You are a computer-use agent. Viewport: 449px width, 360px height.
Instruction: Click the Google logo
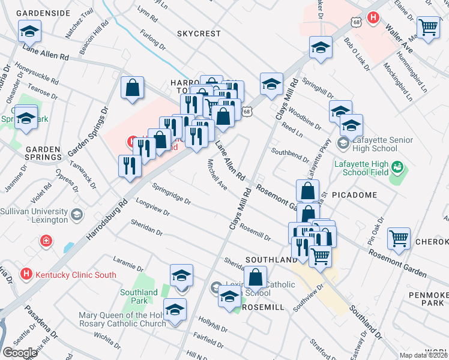click(x=20, y=353)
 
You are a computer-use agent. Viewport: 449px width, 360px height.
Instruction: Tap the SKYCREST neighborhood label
click(x=199, y=34)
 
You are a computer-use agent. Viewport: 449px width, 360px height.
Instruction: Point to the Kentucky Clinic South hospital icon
click(x=26, y=274)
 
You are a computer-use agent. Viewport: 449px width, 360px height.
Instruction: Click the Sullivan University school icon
click(x=77, y=215)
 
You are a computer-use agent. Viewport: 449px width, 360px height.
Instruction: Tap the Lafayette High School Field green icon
click(x=397, y=166)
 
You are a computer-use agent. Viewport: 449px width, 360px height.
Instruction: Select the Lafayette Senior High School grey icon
click(x=343, y=143)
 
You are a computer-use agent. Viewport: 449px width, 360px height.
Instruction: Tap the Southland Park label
click(x=139, y=296)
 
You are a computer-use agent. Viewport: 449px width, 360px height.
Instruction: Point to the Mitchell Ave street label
click(x=217, y=175)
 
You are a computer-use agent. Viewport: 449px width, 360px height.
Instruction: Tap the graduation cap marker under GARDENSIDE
click(x=29, y=31)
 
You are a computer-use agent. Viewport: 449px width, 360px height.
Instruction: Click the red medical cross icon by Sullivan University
click(x=46, y=242)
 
